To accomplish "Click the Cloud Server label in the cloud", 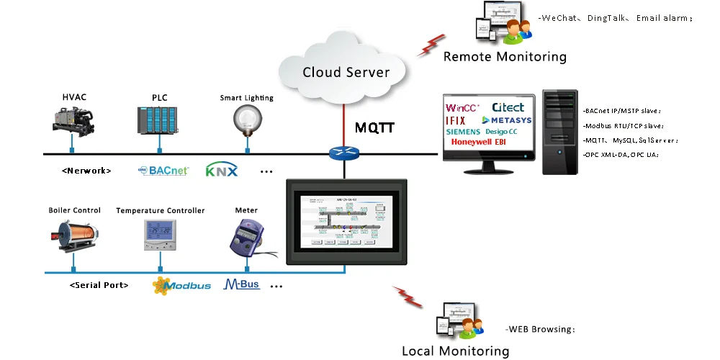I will tap(346, 72).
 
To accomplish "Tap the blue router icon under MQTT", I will tap(344, 153).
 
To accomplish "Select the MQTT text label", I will tap(375, 128).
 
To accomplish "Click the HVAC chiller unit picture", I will tap(73, 119).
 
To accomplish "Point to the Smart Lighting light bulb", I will tap(247, 118).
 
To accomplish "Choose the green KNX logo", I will tap(221, 171).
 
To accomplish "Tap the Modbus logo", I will tap(181, 285).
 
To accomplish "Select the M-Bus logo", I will tap(242, 284).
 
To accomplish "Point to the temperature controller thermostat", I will tap(159, 235).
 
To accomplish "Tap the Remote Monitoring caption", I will tap(504, 56).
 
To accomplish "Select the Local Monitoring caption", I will tap(455, 351).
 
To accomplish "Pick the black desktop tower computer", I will tap(559, 132).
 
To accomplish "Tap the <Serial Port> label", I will tap(99, 285).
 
